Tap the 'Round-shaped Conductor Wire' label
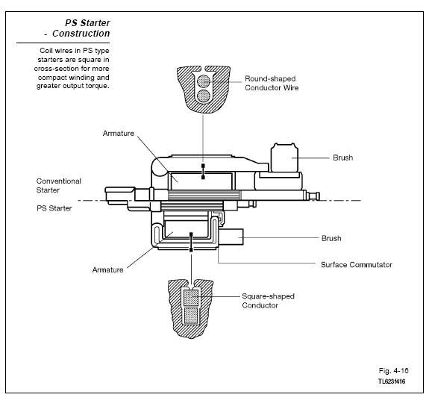[272, 83]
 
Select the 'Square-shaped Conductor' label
[268, 301]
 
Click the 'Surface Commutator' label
[357, 265]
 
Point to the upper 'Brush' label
[342, 157]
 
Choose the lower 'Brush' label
[331, 238]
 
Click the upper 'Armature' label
[119, 134]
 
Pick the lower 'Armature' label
[107, 270]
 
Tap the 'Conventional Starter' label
[59, 186]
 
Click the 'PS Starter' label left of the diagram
[54, 208]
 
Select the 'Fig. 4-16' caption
[393, 371]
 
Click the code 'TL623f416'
[392, 381]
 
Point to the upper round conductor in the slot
[204, 81]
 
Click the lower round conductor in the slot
[204, 96]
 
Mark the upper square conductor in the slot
[191, 298]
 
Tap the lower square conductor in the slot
[191, 315]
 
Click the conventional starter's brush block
[284, 157]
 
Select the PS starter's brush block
[231, 237]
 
